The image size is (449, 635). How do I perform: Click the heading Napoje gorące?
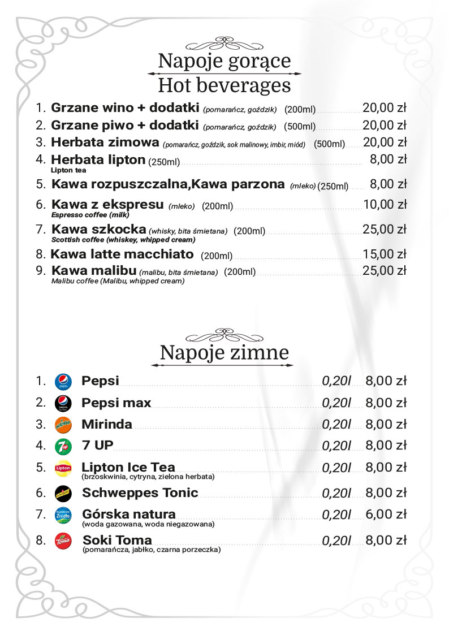[224, 61]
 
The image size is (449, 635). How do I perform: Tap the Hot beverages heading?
[224, 85]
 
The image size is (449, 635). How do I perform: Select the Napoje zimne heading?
[224, 353]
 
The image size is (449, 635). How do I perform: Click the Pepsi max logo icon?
[63, 403]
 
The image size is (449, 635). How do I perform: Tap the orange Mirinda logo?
[63, 425]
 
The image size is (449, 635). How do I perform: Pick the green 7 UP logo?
[63, 446]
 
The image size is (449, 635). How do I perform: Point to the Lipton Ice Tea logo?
[63, 468]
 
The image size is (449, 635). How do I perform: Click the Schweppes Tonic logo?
[63, 493]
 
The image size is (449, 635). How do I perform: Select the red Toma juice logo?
[63, 541]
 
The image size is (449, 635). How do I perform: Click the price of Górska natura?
[386, 515]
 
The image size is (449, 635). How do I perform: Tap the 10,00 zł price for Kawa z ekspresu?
[385, 204]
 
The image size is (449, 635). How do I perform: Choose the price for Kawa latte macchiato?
[385, 254]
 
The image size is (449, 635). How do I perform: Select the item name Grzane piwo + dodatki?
[124, 125]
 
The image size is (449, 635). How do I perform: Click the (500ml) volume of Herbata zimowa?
[329, 144]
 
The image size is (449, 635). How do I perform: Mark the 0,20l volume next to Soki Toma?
[336, 541]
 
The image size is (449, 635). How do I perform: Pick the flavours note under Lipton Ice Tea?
[148, 477]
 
